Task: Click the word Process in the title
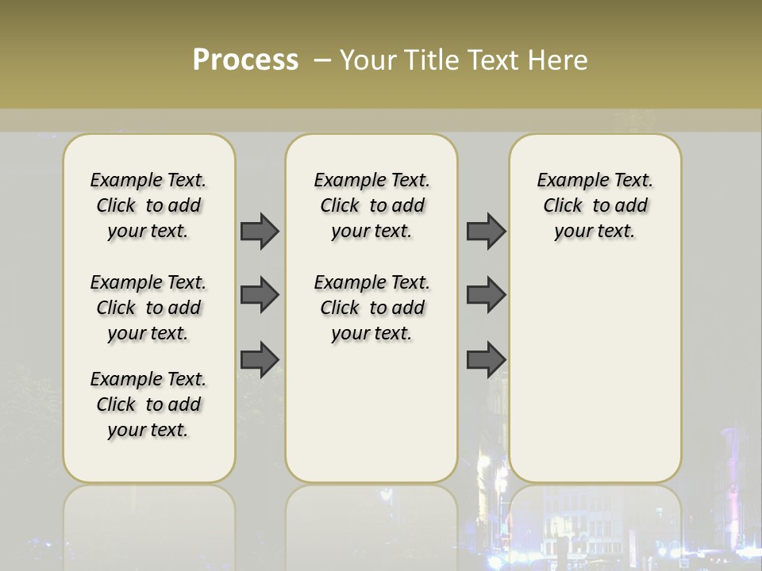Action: pos(245,60)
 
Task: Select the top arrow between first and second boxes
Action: pos(260,231)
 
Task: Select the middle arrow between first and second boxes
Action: pos(260,295)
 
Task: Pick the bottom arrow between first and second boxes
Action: pos(260,359)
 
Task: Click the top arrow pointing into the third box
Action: pos(486,231)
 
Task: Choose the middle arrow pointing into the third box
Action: pos(486,295)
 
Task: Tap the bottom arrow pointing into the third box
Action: pos(486,359)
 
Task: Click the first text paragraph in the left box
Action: pos(148,205)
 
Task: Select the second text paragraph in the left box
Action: pos(148,308)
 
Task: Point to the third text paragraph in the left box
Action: pos(148,404)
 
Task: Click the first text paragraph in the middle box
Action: pos(372,205)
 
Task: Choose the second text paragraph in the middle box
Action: pos(372,308)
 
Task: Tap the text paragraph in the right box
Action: pos(595,205)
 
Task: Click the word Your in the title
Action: pos(369,60)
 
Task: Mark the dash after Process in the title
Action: pos(322,60)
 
